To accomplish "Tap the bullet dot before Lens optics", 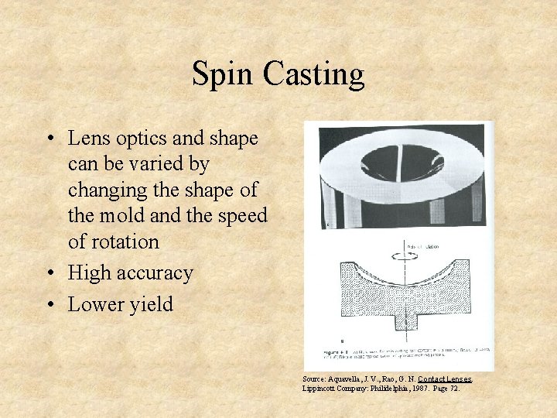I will click(x=49, y=139).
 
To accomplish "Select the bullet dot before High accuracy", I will click(x=49, y=273).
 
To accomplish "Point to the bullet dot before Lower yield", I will click(x=49, y=304).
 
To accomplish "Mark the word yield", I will click(x=152, y=304).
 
